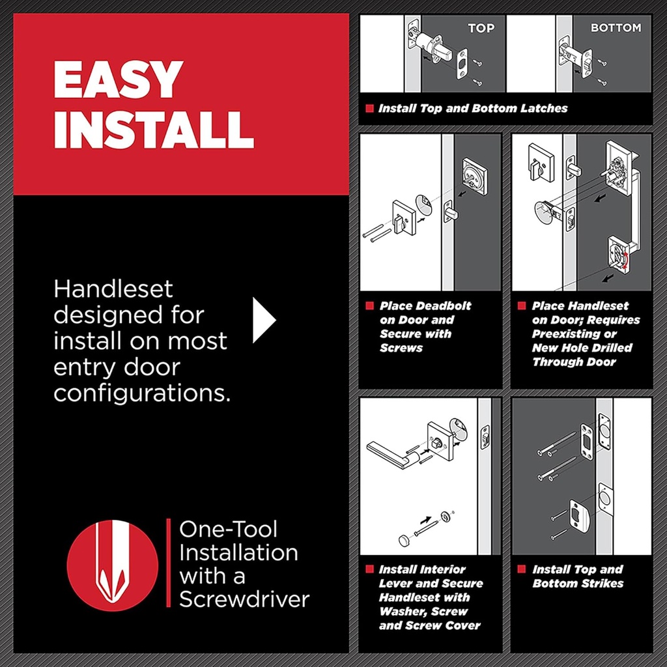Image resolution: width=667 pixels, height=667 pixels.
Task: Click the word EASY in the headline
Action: pos(118,79)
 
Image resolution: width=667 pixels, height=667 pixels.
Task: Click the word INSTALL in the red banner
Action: pos(154,130)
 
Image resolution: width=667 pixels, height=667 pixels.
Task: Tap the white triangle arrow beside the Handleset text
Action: pos(264,320)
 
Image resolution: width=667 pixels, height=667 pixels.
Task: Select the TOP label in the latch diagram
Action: pos(481,28)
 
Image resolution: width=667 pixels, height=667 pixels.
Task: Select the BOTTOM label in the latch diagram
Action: pos(616,28)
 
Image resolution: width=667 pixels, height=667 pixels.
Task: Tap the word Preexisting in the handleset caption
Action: pos(565,333)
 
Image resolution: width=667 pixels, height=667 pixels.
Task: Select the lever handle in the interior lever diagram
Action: pos(391,454)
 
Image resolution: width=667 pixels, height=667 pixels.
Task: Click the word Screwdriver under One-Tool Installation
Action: pos(244,599)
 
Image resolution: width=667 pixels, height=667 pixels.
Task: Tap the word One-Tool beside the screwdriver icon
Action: pos(228,529)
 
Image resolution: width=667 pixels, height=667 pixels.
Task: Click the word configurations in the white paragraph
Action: pos(142,393)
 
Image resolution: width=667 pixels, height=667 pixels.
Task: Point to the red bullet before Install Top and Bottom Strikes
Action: pos(522,569)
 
